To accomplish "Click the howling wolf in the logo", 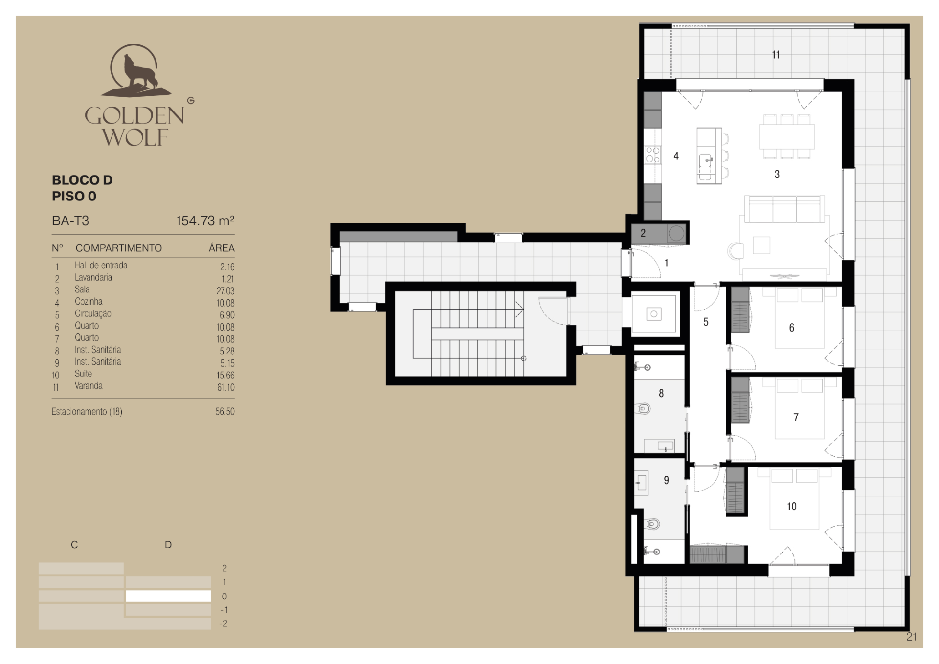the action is (139, 73).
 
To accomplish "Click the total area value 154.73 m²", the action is (205, 221).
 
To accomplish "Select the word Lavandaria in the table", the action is (93, 277).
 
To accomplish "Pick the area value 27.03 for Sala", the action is (225, 291).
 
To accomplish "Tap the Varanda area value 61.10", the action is (225, 387).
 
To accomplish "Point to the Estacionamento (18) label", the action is (87, 411).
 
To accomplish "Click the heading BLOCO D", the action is (82, 180).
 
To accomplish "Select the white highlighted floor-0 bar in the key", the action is (168, 596).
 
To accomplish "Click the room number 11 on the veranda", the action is (776, 55).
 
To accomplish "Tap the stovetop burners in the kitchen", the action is (652, 155).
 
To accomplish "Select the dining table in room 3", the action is (786, 137).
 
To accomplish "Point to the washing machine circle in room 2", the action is (676, 233).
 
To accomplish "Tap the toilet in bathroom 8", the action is (644, 408).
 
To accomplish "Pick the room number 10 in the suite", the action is (791, 507).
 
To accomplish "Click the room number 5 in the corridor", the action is (706, 322).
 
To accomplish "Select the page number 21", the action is (911, 637).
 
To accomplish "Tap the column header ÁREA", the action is (222, 248).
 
